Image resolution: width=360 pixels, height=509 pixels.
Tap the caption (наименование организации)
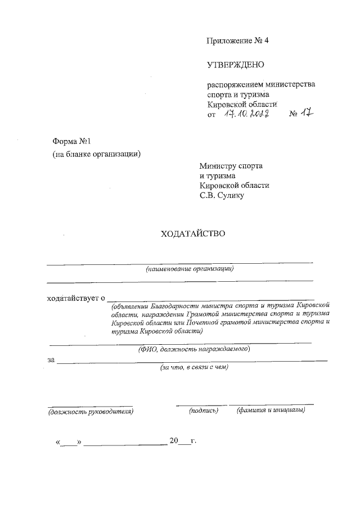pyautogui.click(x=189, y=269)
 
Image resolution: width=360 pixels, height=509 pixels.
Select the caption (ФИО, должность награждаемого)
pyautogui.click(x=193, y=349)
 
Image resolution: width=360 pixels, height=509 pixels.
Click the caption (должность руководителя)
pyautogui.click(x=90, y=411)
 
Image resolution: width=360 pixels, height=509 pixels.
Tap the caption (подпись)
pyautogui.click(x=203, y=411)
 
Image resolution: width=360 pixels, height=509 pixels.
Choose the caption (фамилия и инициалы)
pyautogui.click(x=271, y=410)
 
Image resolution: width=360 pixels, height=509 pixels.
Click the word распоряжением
pyautogui.click(x=233, y=84)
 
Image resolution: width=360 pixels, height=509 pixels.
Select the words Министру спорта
pyautogui.click(x=231, y=166)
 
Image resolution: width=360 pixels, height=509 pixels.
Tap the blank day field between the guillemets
pyautogui.click(x=69, y=441)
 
